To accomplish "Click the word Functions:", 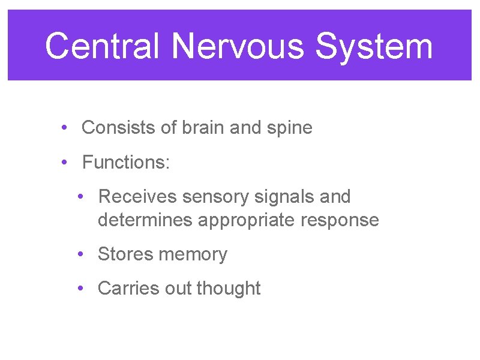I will pos(126,162).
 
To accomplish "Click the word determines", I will pos(145,220).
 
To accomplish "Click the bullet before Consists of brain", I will pos(63,128).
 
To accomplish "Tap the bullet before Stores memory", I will pos(80,254).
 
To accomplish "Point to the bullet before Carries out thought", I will pos(80,289).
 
